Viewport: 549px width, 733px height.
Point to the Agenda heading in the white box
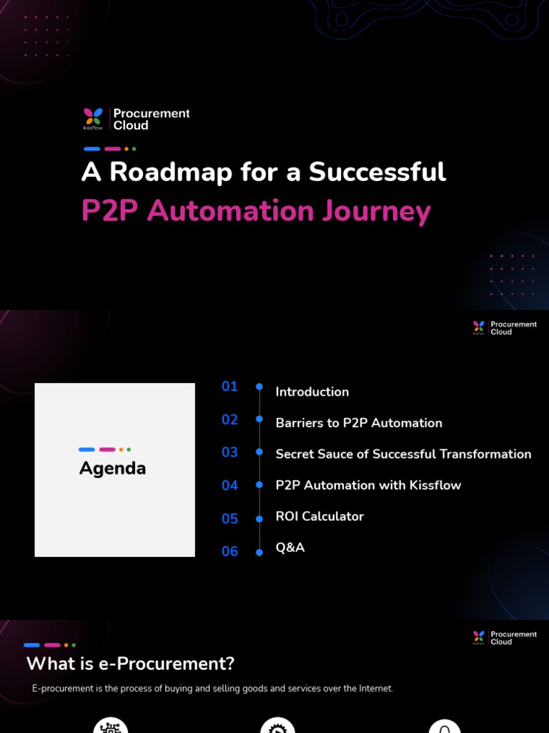(112, 469)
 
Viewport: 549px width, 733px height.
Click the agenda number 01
(229, 387)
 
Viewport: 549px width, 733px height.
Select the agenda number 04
(229, 485)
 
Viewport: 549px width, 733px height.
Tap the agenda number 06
(229, 551)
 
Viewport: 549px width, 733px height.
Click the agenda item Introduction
(312, 392)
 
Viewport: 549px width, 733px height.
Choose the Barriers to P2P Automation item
(359, 423)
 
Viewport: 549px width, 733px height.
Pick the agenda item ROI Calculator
(320, 516)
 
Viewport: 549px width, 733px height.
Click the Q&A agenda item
(290, 548)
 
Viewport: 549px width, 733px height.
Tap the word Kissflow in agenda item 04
(435, 485)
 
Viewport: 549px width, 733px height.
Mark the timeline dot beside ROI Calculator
(259, 518)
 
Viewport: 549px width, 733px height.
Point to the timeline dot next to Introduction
(259, 387)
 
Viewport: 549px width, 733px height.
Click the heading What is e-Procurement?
(130, 664)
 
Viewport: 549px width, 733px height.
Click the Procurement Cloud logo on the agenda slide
(504, 328)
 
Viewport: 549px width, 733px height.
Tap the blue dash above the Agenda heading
(86, 450)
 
